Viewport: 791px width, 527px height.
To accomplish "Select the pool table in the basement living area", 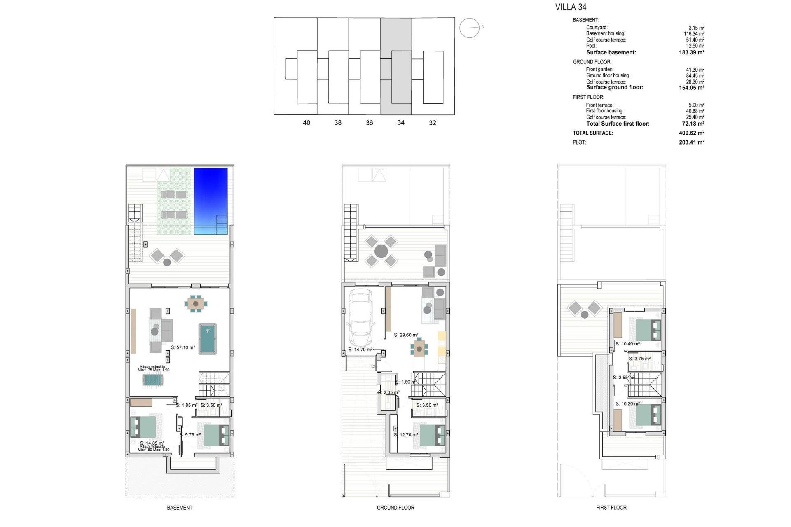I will point(208,339).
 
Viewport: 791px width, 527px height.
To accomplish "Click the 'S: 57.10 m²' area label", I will point(183,347).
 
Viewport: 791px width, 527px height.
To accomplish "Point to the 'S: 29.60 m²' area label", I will point(406,335).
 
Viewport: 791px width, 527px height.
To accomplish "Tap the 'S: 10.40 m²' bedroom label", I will point(627,344).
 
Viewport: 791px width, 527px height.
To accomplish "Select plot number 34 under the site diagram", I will point(401,123).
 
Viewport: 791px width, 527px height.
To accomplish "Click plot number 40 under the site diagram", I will point(307,123).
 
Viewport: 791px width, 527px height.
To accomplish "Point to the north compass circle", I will point(470,28).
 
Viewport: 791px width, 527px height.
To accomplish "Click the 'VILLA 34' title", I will point(571,7).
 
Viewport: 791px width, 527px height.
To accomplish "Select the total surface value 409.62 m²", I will point(691,133).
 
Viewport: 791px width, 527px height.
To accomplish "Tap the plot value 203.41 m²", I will point(691,142).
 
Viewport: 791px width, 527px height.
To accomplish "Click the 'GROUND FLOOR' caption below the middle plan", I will point(395,508).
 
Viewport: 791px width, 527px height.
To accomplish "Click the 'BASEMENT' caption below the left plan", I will point(180,508).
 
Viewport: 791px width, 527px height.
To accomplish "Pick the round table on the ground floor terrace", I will point(381,251).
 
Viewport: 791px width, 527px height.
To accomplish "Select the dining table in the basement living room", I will point(196,304).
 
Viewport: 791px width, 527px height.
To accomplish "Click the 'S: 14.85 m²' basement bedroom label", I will point(152,443).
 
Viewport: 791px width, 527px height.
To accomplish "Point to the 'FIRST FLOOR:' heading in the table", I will point(588,97).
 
